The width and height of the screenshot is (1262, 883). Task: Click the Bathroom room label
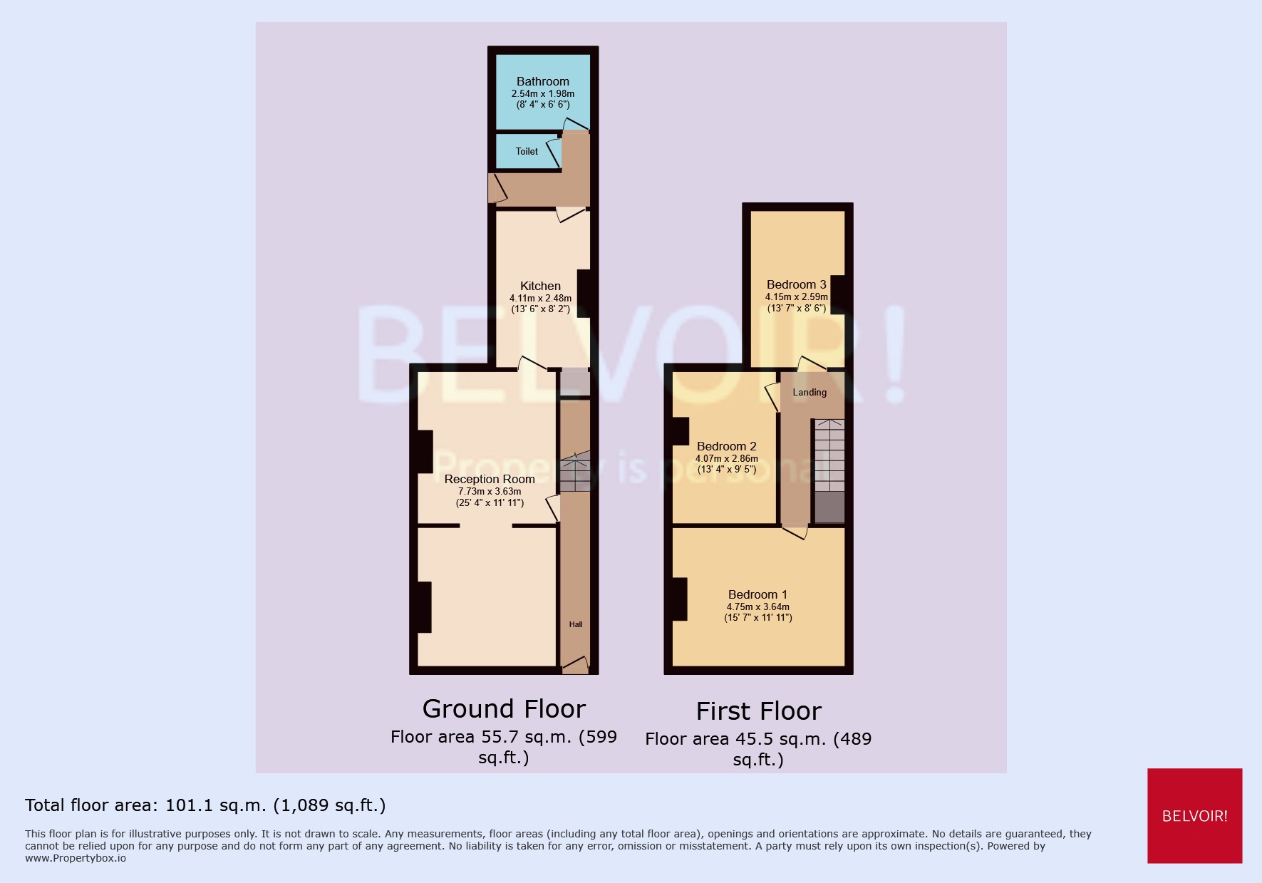click(x=542, y=81)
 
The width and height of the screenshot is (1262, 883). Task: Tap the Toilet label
click(x=527, y=151)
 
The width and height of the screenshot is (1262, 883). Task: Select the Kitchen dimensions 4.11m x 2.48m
click(x=540, y=299)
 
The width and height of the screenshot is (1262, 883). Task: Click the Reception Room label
click(x=490, y=479)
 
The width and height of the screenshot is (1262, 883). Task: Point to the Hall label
click(x=576, y=624)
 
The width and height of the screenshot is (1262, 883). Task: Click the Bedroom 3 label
click(x=796, y=284)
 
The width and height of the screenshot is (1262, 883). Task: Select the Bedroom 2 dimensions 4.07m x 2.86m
click(x=726, y=458)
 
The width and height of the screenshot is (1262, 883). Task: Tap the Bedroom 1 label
click(x=757, y=594)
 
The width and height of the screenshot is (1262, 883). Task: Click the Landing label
click(x=810, y=392)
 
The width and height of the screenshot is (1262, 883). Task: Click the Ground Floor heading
click(x=504, y=708)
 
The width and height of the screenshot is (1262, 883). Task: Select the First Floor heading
click(x=758, y=711)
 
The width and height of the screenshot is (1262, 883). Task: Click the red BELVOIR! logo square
click(x=1194, y=815)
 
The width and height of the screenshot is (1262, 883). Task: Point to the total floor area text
click(x=205, y=805)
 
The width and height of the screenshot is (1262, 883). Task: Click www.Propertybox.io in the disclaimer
click(x=76, y=858)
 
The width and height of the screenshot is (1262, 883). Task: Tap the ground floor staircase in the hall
click(x=574, y=472)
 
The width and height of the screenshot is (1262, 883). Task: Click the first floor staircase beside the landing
click(x=829, y=456)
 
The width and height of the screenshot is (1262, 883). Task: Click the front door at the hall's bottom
click(x=575, y=666)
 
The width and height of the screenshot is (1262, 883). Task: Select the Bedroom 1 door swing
click(x=795, y=532)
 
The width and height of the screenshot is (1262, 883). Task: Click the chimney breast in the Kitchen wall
click(x=584, y=293)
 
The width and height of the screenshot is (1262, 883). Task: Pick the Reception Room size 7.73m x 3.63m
click(x=490, y=491)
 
